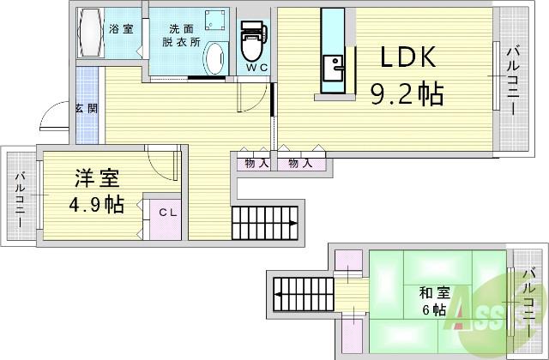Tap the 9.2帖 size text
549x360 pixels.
[x=407, y=92]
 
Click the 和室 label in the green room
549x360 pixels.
[x=431, y=291]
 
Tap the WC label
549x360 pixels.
[x=256, y=67]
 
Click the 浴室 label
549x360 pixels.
[x=120, y=29]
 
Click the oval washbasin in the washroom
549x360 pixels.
[x=214, y=60]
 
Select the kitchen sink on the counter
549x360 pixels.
[x=332, y=65]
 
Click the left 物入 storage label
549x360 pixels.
[x=256, y=163]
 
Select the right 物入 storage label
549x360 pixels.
[x=300, y=163]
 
